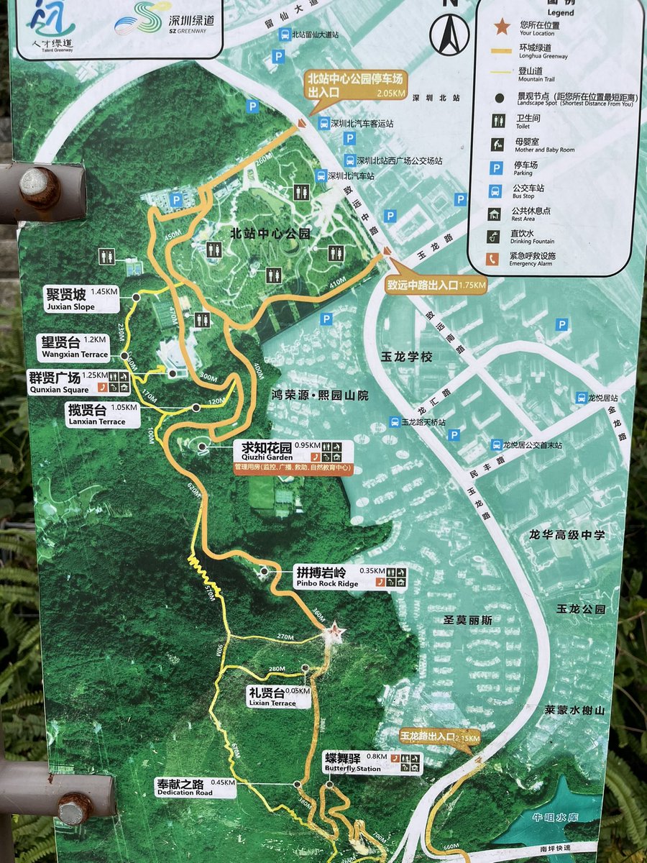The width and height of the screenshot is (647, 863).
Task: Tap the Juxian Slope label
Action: click(x=81, y=298)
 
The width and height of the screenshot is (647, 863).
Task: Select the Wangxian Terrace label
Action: click(x=75, y=346)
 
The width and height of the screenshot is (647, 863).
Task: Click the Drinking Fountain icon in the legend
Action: click(x=494, y=236)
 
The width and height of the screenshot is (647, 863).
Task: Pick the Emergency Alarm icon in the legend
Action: click(x=494, y=259)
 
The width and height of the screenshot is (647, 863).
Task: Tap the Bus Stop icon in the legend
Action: click(x=494, y=191)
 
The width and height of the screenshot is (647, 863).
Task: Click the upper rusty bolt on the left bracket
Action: click(x=40, y=186)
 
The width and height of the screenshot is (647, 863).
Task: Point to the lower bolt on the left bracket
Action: click(x=75, y=808)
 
